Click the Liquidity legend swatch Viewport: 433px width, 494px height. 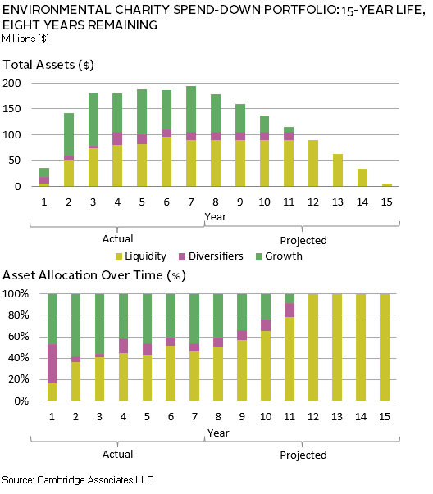119,256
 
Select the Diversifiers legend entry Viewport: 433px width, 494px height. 211,256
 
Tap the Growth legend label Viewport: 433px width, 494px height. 284,256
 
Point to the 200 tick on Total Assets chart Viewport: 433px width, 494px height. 11,84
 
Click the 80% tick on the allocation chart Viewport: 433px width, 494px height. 19,315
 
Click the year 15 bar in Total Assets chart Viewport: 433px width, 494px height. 387,185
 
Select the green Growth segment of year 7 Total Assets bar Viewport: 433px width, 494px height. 191,109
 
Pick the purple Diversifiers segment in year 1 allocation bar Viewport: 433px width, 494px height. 52,364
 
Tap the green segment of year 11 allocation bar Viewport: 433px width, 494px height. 289,299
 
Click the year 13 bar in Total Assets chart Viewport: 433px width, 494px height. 338,170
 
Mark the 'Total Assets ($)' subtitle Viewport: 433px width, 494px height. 48,65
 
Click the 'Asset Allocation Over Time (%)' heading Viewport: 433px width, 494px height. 94,275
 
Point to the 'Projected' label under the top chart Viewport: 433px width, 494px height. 303,240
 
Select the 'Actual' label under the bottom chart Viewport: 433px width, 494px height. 117,455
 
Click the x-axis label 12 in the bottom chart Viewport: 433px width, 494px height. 313,417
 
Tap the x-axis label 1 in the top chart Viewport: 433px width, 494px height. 44,202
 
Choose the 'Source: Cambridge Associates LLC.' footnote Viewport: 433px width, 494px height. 79,480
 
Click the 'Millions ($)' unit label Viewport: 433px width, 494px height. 25,39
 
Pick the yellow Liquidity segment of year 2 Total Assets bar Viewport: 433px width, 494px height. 69,173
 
